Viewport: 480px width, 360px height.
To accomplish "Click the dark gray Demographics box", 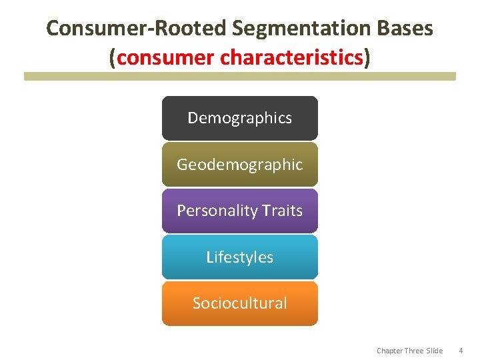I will [x=239, y=118].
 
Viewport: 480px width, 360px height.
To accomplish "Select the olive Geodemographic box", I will [x=239, y=164].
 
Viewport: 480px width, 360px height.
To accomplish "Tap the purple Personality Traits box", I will [x=239, y=211].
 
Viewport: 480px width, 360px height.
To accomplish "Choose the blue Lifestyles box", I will [x=239, y=257].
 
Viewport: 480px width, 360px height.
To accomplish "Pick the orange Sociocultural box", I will [x=239, y=303].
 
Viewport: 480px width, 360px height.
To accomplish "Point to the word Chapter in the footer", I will [x=390, y=351].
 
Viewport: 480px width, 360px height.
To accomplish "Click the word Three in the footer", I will [x=415, y=351].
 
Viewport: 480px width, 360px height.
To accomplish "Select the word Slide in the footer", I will [x=435, y=351].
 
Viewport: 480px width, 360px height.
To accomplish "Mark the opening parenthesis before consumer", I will [x=113, y=58].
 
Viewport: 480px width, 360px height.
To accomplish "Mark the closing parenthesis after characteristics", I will [x=367, y=58].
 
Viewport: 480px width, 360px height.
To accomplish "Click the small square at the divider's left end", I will [x=27, y=77].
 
